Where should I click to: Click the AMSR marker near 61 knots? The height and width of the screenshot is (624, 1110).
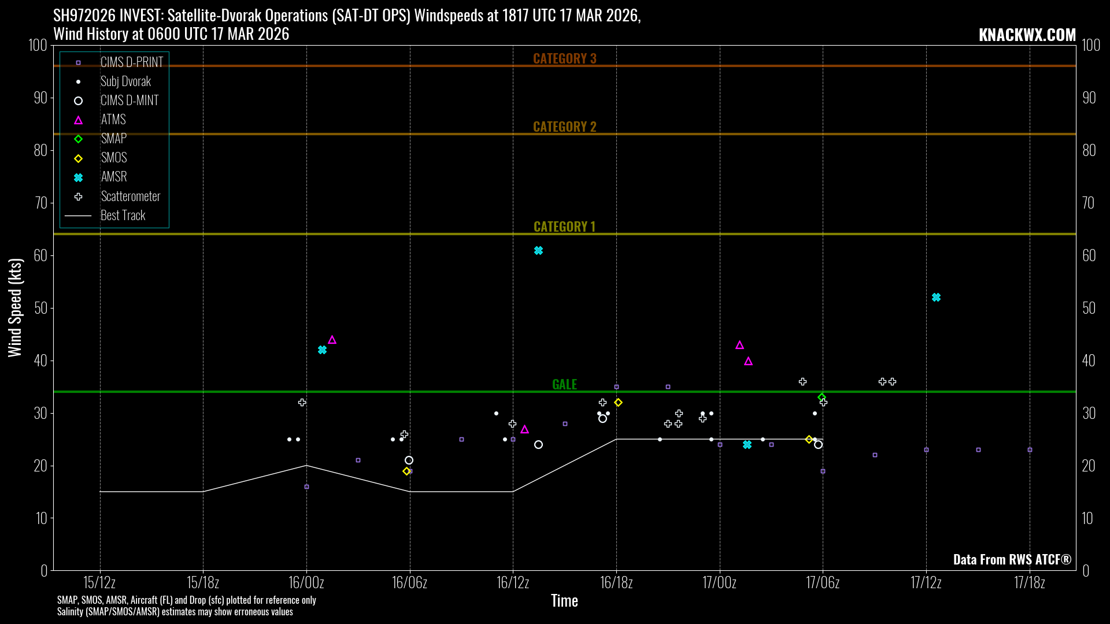[538, 251]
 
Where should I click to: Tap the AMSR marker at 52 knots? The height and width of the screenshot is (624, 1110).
[936, 298]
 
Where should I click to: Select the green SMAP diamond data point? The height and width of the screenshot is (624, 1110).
[822, 397]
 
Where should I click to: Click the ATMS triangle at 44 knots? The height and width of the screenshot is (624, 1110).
[332, 340]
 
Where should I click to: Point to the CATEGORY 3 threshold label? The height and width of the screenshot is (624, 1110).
[564, 58]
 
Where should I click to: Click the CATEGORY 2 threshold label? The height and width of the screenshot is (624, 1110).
[564, 127]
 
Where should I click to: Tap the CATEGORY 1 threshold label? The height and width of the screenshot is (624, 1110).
[564, 226]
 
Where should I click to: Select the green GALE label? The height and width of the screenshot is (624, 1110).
[564, 384]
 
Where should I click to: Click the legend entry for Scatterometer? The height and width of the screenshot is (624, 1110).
[130, 196]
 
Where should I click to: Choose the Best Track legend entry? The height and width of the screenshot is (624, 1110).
[123, 216]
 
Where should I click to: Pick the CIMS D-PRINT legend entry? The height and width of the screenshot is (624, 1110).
[131, 62]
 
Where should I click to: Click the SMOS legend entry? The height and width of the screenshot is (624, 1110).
[114, 158]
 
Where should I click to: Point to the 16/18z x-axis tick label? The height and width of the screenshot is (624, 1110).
[616, 582]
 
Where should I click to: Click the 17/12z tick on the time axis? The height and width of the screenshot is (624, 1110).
[926, 582]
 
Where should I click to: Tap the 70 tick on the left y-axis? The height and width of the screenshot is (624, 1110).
[40, 203]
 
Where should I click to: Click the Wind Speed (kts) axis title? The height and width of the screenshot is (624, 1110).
[15, 307]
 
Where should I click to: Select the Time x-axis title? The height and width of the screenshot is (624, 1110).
[564, 601]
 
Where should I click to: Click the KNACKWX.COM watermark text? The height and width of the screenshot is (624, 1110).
[1027, 35]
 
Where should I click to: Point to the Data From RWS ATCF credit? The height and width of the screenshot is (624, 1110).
[1012, 559]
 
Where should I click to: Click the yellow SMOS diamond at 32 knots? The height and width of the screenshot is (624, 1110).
[618, 402]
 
